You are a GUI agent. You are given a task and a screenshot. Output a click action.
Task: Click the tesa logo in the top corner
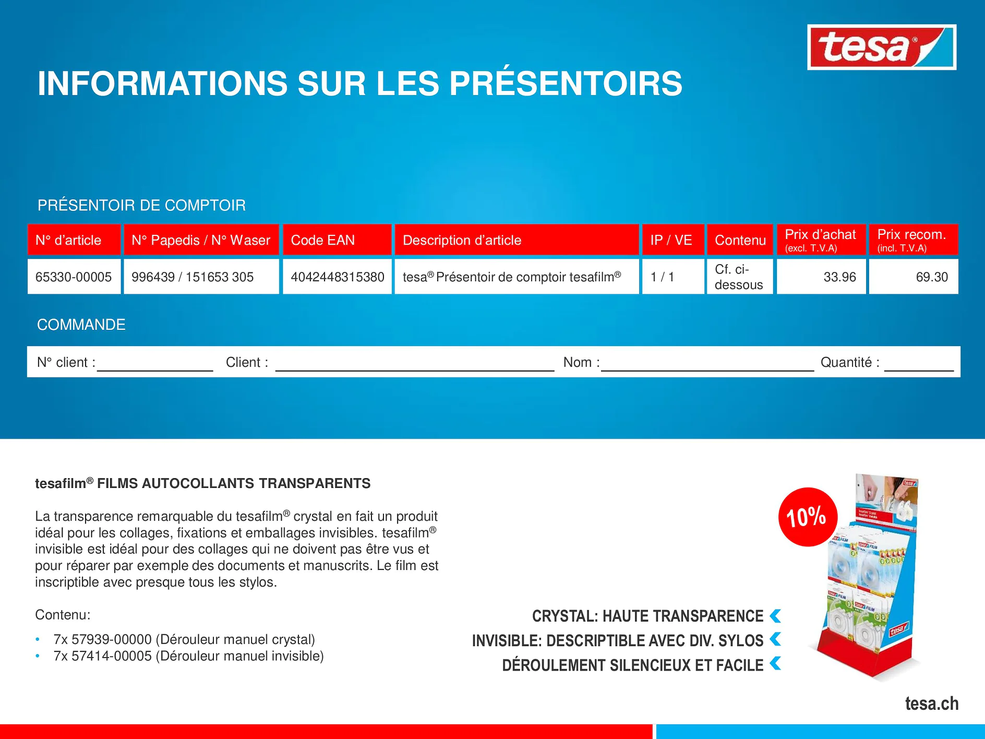click(x=881, y=47)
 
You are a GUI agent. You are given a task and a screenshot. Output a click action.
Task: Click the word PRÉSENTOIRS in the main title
click(x=566, y=84)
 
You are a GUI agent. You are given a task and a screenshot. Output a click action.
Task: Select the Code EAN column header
click(x=322, y=240)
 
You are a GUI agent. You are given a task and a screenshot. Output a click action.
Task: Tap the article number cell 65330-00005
click(x=74, y=277)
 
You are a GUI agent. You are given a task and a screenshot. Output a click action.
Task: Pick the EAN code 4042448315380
click(x=337, y=277)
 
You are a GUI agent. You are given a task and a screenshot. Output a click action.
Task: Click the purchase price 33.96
click(x=839, y=277)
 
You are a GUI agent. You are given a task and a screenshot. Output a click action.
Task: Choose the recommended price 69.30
click(x=931, y=277)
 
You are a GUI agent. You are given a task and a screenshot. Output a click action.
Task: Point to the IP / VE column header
click(x=671, y=240)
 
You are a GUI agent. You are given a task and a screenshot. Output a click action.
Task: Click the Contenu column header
click(x=740, y=240)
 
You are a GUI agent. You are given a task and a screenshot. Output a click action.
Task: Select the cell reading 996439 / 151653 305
click(x=193, y=277)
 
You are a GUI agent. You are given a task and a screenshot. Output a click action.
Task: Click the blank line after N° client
click(x=155, y=364)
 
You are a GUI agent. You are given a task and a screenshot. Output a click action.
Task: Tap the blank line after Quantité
click(x=918, y=364)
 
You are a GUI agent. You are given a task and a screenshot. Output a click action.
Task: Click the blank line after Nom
click(x=707, y=364)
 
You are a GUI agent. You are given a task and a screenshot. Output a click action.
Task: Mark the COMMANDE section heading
click(x=81, y=325)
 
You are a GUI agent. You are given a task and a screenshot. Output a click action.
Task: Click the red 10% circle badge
click(x=807, y=517)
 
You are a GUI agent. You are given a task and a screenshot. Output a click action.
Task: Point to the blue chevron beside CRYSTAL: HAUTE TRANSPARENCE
click(x=776, y=616)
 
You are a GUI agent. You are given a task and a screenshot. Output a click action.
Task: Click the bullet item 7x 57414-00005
click(x=188, y=656)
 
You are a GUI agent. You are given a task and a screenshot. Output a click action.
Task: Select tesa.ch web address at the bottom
click(x=932, y=704)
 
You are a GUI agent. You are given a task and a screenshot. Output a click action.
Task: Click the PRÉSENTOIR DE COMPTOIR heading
click(x=141, y=205)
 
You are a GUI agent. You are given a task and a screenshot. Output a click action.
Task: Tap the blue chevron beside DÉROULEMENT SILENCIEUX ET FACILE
click(x=776, y=664)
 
